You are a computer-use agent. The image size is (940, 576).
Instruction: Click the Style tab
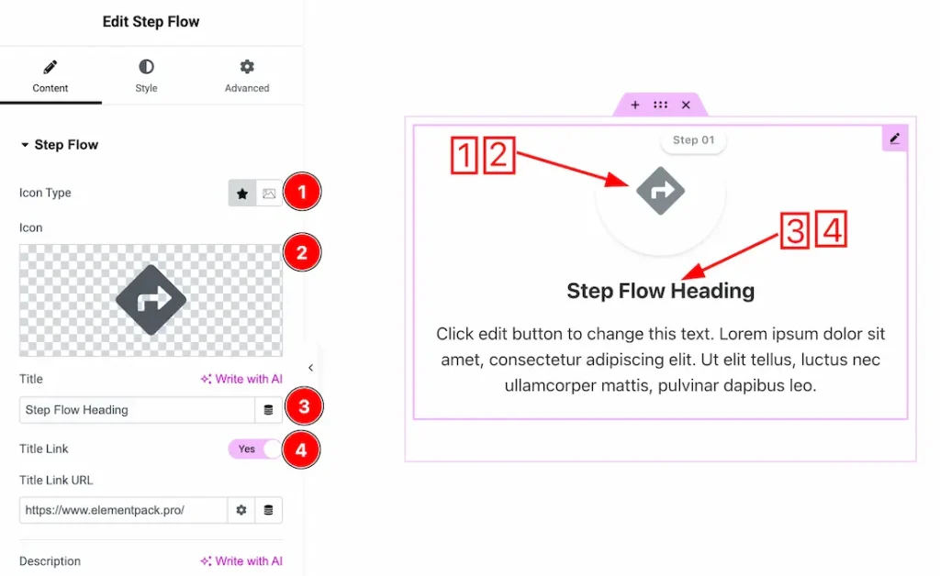click(x=146, y=75)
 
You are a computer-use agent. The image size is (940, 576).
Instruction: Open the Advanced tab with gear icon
click(x=247, y=75)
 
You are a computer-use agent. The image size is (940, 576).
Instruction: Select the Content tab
click(x=50, y=75)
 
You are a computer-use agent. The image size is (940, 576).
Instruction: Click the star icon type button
click(x=242, y=194)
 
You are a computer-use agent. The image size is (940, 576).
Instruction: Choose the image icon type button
click(x=269, y=194)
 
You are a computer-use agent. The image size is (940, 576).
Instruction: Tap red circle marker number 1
click(x=301, y=192)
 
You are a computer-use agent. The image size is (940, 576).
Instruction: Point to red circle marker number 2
click(x=301, y=252)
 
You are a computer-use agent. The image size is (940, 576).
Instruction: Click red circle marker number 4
click(x=301, y=450)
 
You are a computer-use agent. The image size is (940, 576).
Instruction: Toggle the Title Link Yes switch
click(x=255, y=449)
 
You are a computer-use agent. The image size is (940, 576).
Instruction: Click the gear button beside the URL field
click(x=241, y=510)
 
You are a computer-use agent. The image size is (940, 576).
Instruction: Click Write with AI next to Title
click(x=241, y=379)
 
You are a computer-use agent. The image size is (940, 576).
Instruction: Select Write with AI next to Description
click(x=241, y=561)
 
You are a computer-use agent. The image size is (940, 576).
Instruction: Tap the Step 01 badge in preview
click(x=693, y=140)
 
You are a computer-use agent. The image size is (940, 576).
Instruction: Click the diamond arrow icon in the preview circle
click(x=661, y=191)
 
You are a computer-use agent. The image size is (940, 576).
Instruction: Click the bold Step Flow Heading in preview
click(x=660, y=292)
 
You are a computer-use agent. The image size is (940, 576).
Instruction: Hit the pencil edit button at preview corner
click(x=895, y=138)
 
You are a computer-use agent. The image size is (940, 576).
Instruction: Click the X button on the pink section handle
click(x=686, y=105)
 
